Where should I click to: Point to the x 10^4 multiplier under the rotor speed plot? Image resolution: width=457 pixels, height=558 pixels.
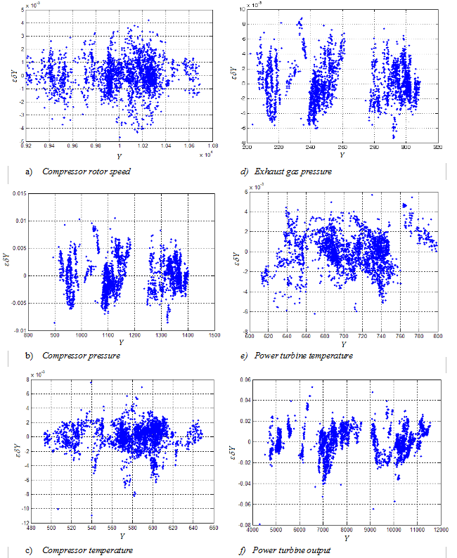click(x=207, y=153)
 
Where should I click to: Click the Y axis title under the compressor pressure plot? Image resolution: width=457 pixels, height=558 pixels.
click(x=122, y=342)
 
